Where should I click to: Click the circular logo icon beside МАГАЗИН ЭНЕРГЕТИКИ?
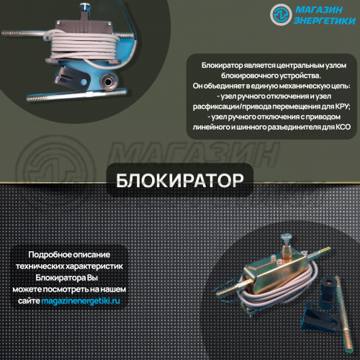click(x=281, y=14)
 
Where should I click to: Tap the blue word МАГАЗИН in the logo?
click(x=319, y=10)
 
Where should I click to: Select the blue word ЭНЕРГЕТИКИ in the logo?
click(x=325, y=21)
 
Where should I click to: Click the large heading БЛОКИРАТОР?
click(x=180, y=181)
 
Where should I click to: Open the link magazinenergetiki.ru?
click(x=81, y=301)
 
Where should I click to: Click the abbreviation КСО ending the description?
click(x=343, y=127)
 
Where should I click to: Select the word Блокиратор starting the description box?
click(x=222, y=66)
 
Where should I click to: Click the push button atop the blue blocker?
click(x=84, y=6)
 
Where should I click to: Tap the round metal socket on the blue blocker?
click(x=108, y=81)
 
